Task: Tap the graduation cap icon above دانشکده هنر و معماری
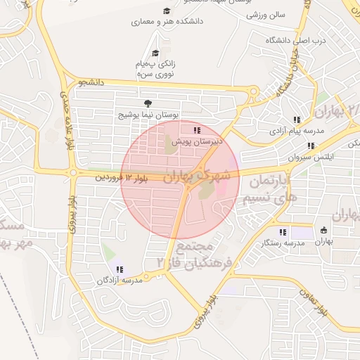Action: pos(166,11)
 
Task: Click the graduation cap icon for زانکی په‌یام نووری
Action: pos(155,52)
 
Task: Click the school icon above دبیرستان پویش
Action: pos(197,130)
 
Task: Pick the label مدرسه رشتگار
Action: pos(283,243)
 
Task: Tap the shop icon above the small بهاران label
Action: pos(323,230)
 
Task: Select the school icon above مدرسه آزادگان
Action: pos(118,269)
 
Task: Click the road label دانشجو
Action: pos(91,83)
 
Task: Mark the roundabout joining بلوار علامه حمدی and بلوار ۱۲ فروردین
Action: pos(72,172)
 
